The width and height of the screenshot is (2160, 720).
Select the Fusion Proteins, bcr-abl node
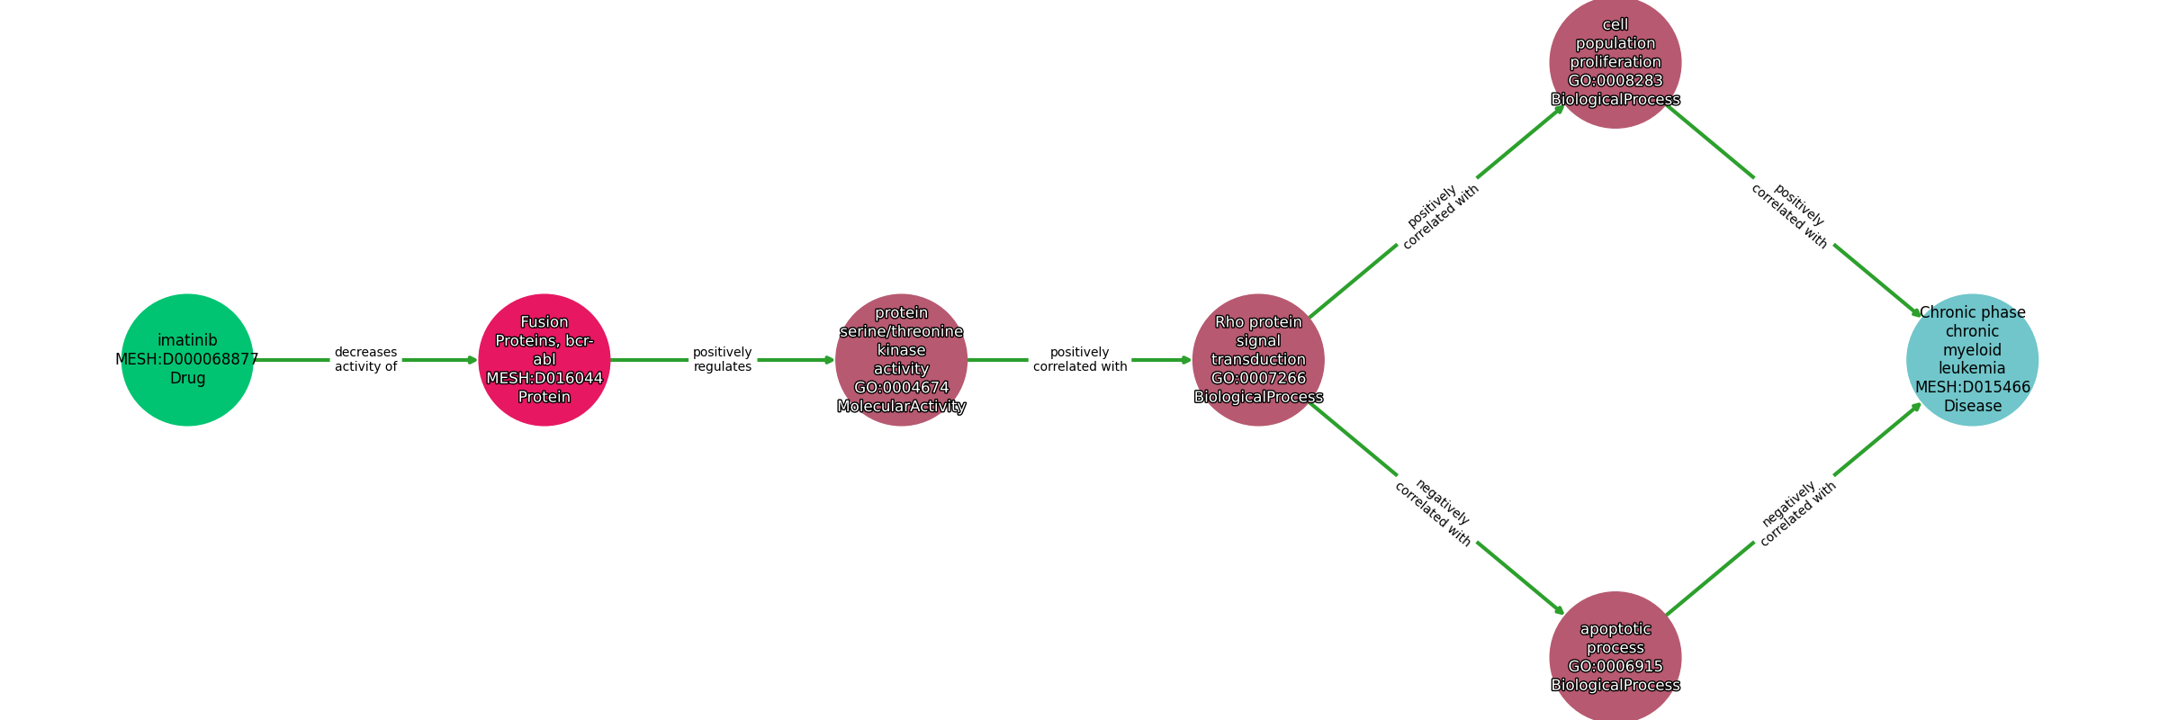[544, 360]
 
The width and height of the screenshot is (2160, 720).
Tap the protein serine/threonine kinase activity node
[901, 360]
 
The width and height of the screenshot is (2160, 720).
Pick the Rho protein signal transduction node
[1258, 360]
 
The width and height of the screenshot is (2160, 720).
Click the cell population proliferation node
[1615, 62]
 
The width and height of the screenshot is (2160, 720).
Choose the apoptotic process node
[1615, 657]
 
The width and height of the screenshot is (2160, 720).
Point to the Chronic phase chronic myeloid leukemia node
[1972, 360]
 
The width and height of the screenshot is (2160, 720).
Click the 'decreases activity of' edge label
[365, 360]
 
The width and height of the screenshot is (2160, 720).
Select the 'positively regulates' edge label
[723, 360]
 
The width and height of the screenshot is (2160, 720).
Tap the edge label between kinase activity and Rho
[1080, 360]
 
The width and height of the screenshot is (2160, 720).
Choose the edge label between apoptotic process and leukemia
[1795, 514]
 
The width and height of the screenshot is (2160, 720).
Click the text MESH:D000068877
[187, 359]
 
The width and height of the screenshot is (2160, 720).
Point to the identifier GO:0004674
[901, 388]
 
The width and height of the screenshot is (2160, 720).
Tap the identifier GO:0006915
[1615, 667]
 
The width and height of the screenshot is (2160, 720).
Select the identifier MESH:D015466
[1972, 387]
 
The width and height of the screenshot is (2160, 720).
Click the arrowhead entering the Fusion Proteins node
[472, 360]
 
